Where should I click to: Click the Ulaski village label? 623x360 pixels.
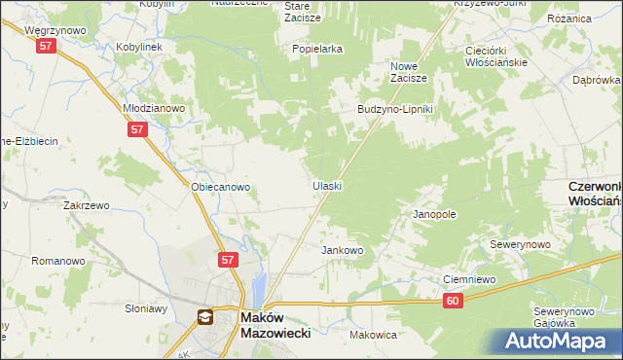[326, 185]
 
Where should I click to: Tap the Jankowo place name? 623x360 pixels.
[343, 250]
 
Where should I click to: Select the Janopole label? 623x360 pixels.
[434, 213]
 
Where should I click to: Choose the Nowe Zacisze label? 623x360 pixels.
[410, 73]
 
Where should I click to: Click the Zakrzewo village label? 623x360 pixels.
[85, 206]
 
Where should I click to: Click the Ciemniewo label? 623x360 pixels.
[470, 279]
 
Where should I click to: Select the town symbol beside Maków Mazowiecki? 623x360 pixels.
[205, 316]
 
